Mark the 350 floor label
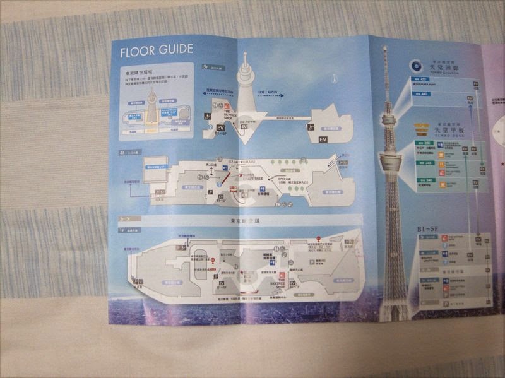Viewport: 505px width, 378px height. pyautogui.click(x=426, y=145)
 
